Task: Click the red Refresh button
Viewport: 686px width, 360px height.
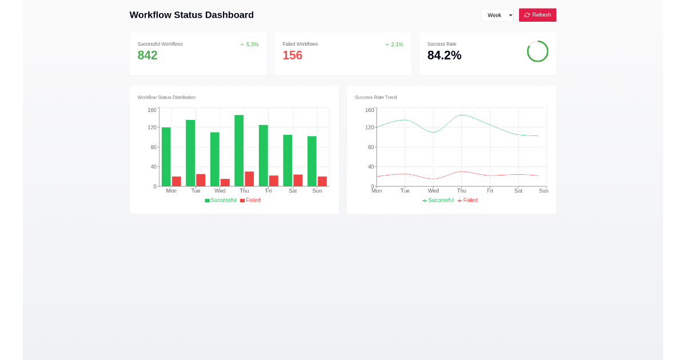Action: tap(537, 15)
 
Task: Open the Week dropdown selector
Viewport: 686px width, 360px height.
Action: tap(497, 15)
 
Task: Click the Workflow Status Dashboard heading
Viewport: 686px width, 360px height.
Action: tap(192, 15)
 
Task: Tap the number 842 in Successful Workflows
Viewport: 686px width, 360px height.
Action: tap(147, 55)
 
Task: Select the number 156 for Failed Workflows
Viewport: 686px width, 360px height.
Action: tap(292, 55)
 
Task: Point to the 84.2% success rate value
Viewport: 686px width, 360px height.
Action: tap(444, 55)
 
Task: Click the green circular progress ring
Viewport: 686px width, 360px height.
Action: tap(537, 51)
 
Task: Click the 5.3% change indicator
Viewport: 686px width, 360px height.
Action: tap(249, 45)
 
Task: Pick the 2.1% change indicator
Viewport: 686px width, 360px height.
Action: tap(394, 45)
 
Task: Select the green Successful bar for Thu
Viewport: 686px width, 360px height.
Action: tap(239, 151)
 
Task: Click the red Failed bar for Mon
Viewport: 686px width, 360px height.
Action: tap(177, 181)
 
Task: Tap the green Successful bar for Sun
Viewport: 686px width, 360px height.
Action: tap(312, 161)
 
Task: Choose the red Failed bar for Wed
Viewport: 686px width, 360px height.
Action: tap(225, 182)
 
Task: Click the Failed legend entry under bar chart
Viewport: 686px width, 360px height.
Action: tap(250, 201)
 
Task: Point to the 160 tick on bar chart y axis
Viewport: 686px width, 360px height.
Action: tap(152, 110)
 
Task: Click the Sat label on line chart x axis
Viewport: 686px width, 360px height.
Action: tap(518, 191)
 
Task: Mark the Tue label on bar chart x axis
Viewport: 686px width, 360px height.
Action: tap(196, 191)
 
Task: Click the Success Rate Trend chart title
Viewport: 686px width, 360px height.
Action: tap(376, 97)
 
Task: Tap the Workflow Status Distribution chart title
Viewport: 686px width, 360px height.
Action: tap(166, 97)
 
